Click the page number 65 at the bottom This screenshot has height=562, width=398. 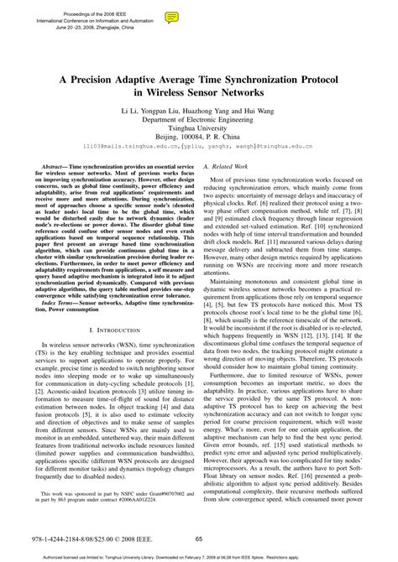pos(199,539)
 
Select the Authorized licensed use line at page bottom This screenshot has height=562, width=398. pos(199,555)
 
